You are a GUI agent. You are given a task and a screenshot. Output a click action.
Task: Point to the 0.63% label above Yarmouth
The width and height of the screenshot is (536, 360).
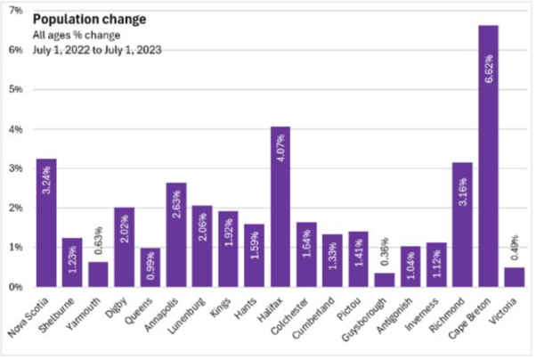99,241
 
